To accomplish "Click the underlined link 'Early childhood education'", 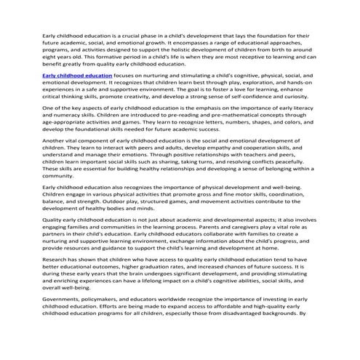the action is [71, 95].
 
